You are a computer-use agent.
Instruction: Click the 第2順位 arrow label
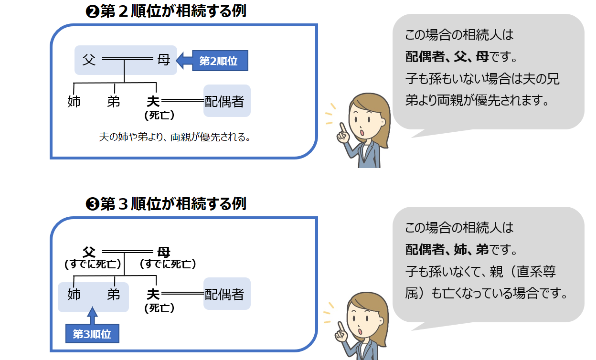(x=219, y=61)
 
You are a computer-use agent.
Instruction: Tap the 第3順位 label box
(x=92, y=334)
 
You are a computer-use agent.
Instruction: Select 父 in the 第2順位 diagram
(x=89, y=60)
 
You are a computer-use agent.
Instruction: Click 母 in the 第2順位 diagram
(x=163, y=60)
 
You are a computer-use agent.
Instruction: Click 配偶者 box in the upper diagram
(x=227, y=101)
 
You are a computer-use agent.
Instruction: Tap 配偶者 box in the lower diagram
(x=227, y=294)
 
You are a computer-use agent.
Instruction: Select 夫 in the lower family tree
(x=153, y=294)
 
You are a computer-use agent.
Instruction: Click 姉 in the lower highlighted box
(x=74, y=294)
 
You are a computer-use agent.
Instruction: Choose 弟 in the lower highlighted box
(x=114, y=294)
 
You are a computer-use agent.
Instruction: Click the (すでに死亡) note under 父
(x=93, y=264)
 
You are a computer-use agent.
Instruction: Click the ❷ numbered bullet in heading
(x=92, y=12)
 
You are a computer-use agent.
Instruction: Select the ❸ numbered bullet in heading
(x=92, y=204)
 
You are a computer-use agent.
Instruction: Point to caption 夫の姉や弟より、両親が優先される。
(x=175, y=138)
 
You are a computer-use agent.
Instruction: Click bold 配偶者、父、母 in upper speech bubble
(x=447, y=57)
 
